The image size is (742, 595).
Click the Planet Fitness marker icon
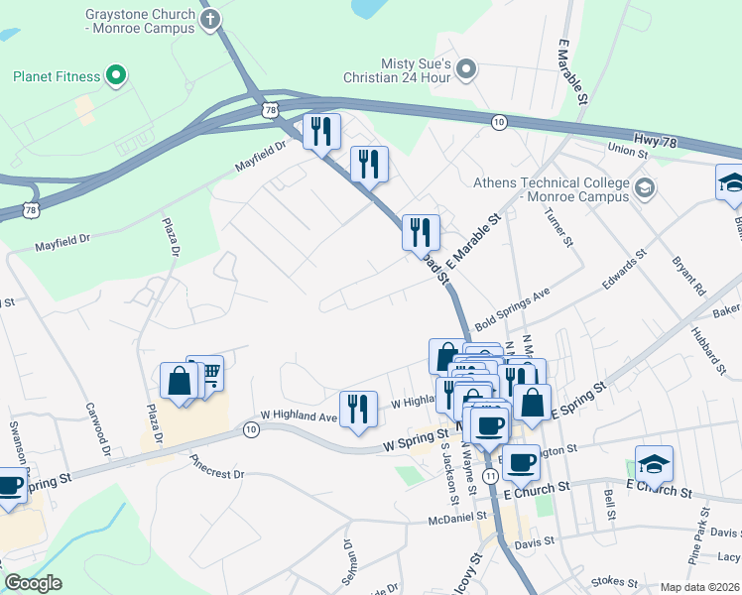pyautogui.click(x=115, y=75)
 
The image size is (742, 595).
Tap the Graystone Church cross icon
pyautogui.click(x=209, y=20)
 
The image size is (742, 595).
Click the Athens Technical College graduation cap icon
pyautogui.click(x=644, y=187)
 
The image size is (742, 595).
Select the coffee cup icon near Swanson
pyautogui.click(x=10, y=486)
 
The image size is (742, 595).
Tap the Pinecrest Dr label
pyautogui.click(x=216, y=466)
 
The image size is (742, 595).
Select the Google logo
pyautogui.click(x=33, y=583)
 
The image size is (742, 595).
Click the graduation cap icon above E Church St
pyautogui.click(x=654, y=463)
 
